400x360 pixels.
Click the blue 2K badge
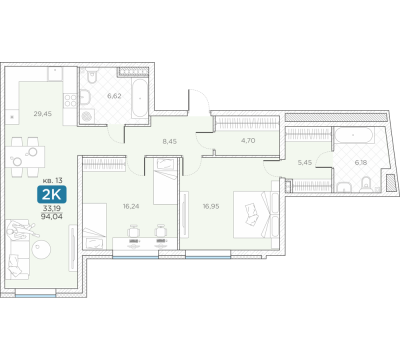pos(52,194)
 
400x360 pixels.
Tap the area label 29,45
pos(42,114)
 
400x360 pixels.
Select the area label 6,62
pos(114,96)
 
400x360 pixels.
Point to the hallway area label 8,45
pos(169,141)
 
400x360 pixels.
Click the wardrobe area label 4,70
pos(248,140)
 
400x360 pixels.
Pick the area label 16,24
pos(131,206)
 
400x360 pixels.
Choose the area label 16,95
pos(211,206)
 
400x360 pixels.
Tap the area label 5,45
pos(305,162)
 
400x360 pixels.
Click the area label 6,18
pos(360,162)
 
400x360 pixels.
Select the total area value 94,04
pos(52,217)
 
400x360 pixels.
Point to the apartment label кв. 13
pos(52,180)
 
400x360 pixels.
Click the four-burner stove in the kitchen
pos(70,100)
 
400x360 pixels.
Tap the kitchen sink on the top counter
pos(55,73)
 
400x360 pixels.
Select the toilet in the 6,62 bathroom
pos(92,75)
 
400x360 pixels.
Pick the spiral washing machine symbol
pos(86,116)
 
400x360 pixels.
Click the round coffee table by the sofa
pos(41,249)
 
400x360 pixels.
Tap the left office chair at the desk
pos(133,231)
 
